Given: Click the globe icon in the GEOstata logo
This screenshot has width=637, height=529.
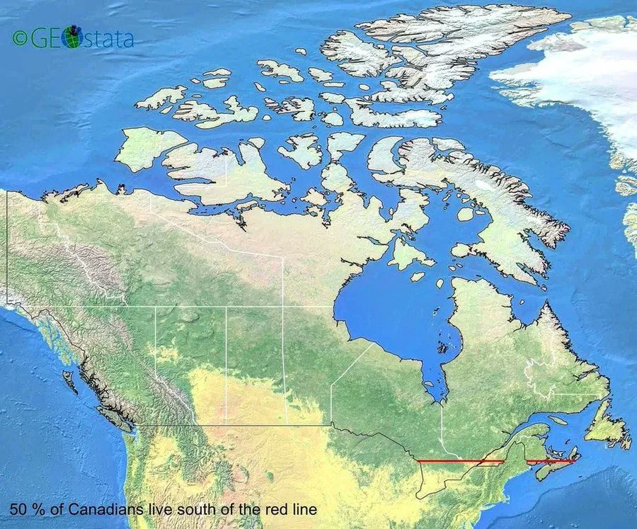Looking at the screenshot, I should pos(71,38).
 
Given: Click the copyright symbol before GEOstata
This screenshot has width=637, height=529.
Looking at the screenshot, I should pos(20,38).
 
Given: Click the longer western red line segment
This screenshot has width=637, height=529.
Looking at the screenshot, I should pos(460,461).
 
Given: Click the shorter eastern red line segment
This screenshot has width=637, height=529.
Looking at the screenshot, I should pos(550,461).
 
